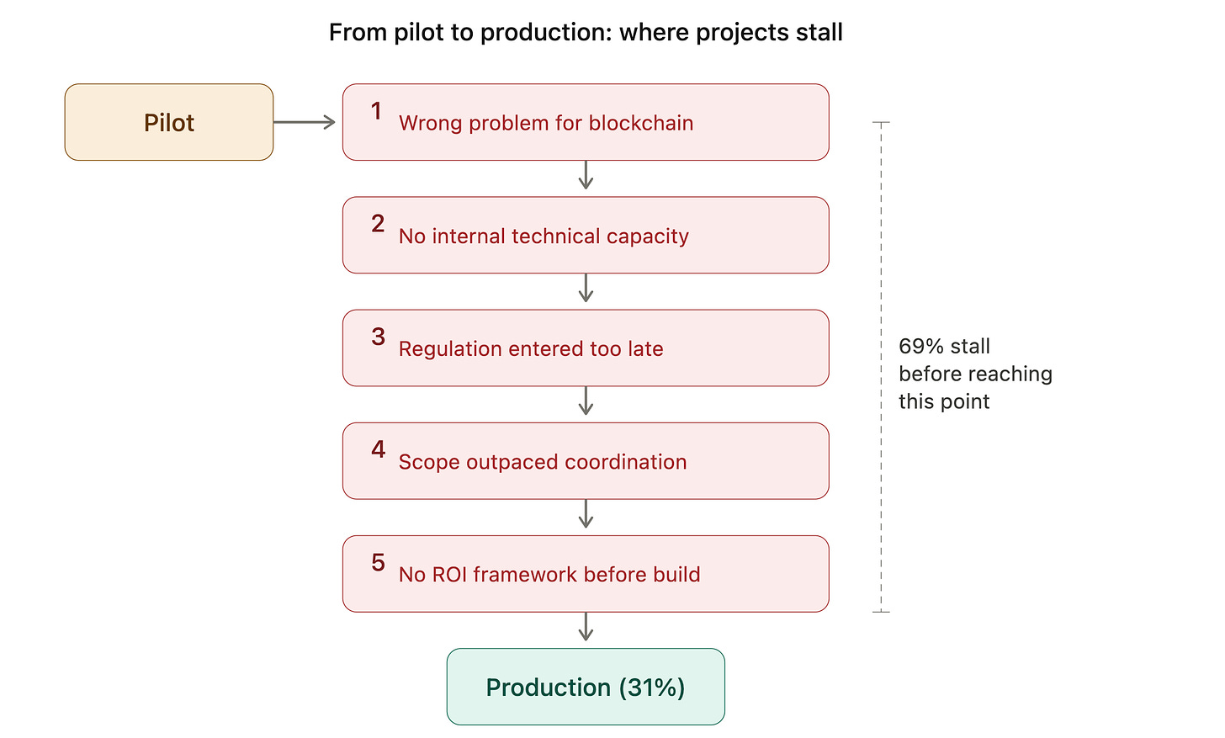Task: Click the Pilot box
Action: (x=169, y=122)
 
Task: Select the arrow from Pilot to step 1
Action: (x=304, y=122)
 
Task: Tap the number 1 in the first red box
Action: (x=376, y=111)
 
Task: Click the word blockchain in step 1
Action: (x=641, y=123)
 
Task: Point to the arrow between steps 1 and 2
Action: (x=586, y=175)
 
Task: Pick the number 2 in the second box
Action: (x=378, y=224)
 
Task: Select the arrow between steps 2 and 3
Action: (x=586, y=288)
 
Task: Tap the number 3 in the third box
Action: (x=379, y=337)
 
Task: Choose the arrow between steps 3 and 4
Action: (x=586, y=401)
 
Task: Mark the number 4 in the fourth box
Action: (x=379, y=449)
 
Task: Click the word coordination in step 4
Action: (x=626, y=462)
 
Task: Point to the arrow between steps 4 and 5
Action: (x=586, y=513)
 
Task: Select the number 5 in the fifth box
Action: (x=379, y=562)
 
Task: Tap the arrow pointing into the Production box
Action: (x=586, y=627)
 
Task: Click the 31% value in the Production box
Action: (x=652, y=688)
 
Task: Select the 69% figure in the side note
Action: (x=921, y=347)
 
